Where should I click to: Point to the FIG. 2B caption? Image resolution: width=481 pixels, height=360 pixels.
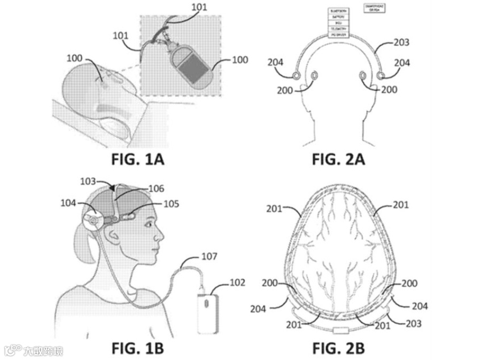(x=339, y=348)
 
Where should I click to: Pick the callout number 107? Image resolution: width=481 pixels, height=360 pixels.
(x=209, y=256)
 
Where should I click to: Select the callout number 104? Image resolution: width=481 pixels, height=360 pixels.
(x=68, y=202)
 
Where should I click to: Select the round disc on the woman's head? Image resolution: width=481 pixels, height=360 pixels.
(x=94, y=220)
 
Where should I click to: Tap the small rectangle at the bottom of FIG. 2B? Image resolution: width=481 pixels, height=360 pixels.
(x=340, y=330)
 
